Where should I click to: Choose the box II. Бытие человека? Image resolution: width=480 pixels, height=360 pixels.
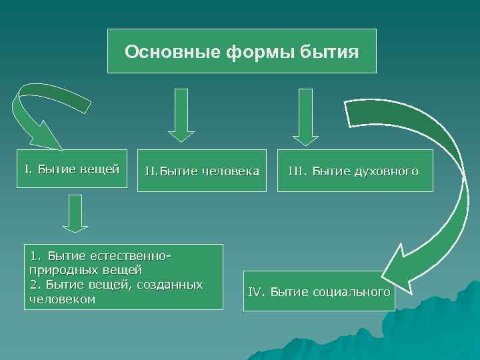tap(201, 171)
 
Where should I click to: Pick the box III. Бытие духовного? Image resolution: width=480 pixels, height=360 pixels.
tap(355, 171)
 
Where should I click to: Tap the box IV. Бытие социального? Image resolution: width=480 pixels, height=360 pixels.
tap(319, 292)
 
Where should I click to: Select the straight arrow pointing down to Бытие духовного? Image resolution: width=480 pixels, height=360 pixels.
tap(305, 116)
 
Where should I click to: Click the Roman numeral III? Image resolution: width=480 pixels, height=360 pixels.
tap(295, 171)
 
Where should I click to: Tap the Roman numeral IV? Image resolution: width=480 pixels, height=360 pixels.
tap(257, 292)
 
